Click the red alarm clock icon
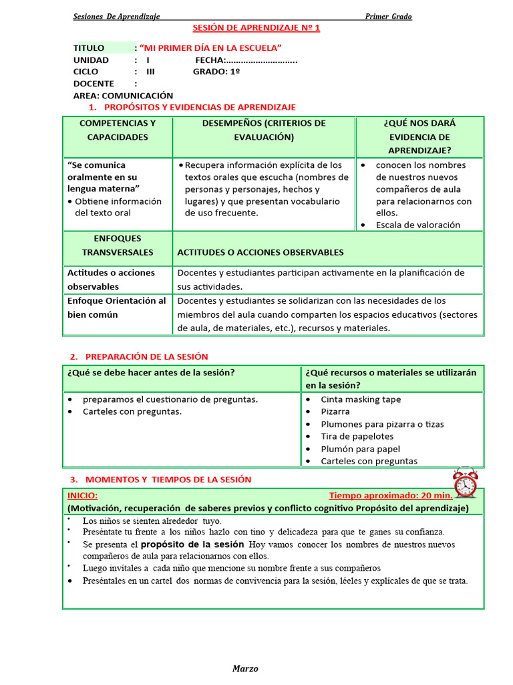(x=465, y=482)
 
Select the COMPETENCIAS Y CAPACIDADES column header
(x=118, y=130)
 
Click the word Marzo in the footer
(x=245, y=668)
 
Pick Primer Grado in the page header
(x=388, y=16)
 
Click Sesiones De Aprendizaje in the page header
(x=116, y=16)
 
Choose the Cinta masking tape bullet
(x=361, y=399)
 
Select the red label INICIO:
(x=82, y=496)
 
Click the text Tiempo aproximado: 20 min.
(x=391, y=496)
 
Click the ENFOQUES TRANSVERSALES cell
(x=118, y=246)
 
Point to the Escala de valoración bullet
(x=417, y=225)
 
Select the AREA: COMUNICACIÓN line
(x=123, y=96)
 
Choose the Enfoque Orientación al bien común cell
(x=117, y=308)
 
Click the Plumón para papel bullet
(x=360, y=449)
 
